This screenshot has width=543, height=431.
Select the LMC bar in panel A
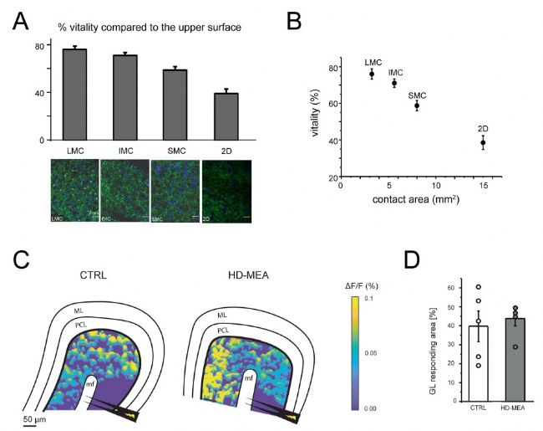point(75,95)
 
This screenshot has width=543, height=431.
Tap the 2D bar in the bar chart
point(226,116)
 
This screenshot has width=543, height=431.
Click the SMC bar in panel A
point(175,105)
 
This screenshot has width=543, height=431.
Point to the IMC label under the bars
point(125,150)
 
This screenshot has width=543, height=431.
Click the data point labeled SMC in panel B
point(417,105)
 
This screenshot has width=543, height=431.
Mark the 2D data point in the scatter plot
point(483,143)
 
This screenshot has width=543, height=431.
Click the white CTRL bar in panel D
point(454,363)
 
